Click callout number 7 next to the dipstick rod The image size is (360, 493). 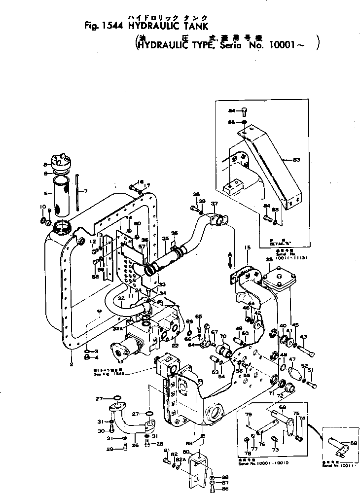point(85,191)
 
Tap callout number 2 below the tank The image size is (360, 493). point(71,364)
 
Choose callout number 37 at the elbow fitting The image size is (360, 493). point(214,204)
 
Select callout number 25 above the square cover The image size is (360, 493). point(269,260)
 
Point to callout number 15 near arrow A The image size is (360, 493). point(248,246)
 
